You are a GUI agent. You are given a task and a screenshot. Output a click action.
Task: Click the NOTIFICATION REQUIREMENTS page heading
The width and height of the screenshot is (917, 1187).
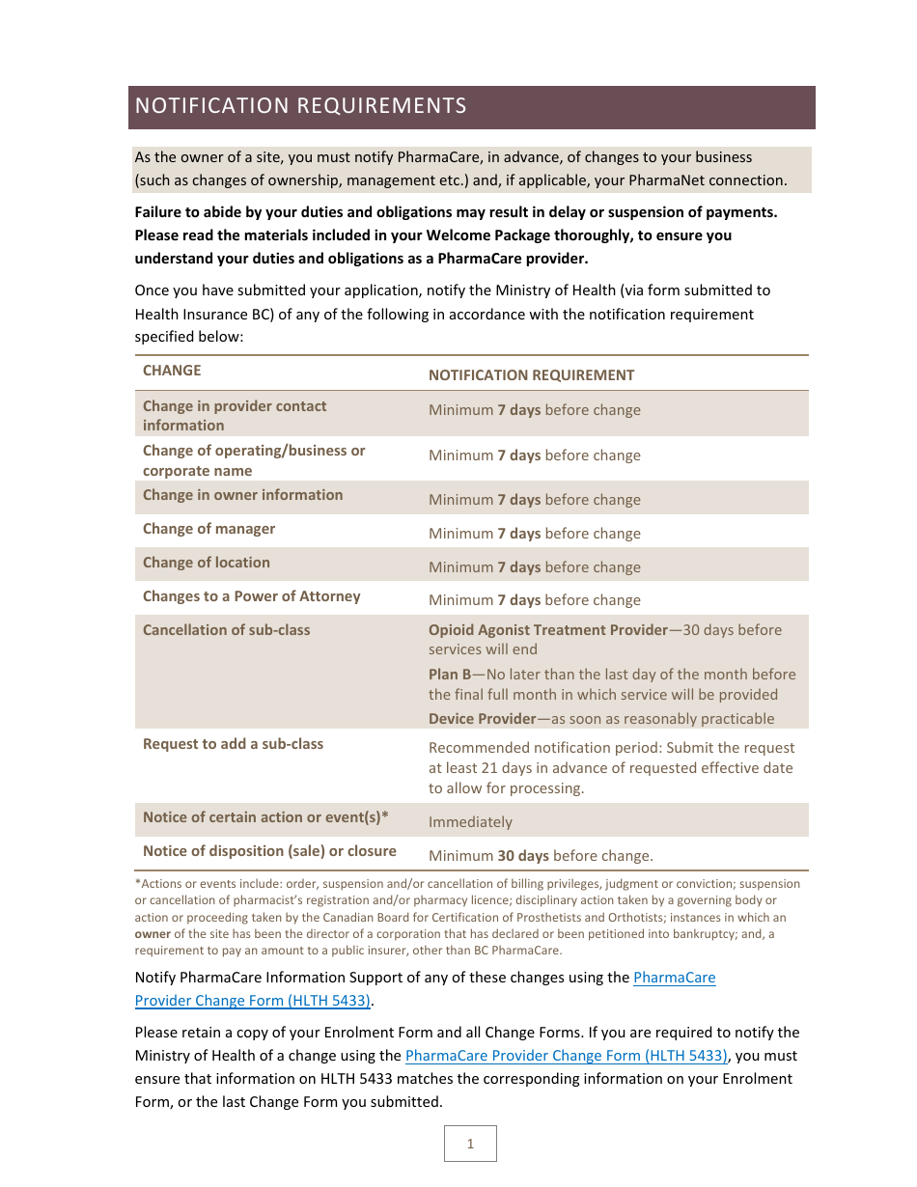300,106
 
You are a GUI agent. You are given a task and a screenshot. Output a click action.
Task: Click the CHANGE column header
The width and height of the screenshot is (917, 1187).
172,371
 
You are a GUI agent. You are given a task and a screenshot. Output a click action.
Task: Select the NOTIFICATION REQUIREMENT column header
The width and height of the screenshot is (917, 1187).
531,375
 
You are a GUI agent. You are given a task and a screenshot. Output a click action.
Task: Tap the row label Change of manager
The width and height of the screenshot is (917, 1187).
208,529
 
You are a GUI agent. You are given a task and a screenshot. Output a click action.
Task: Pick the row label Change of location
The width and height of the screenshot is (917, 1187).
206,563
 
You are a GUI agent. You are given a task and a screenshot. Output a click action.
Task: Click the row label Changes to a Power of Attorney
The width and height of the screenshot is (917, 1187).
251,596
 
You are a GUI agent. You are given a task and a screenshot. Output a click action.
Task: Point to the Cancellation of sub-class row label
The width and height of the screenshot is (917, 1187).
226,630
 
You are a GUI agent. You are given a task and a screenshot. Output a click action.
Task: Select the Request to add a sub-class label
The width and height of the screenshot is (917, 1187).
233,744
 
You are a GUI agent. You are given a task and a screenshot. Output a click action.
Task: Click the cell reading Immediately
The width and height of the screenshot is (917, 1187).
470,822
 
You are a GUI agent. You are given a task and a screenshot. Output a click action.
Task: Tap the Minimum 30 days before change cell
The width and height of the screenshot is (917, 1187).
541,855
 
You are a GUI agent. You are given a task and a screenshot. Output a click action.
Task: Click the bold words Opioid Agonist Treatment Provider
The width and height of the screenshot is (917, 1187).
547,630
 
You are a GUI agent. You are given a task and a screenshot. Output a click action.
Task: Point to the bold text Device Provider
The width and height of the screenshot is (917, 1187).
482,719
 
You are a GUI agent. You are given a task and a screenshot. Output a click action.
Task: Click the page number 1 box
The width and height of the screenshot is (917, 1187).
470,1144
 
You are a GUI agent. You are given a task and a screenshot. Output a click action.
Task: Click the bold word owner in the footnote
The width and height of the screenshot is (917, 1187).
153,934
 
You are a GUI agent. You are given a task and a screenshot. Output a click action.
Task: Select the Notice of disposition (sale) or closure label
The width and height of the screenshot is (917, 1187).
269,851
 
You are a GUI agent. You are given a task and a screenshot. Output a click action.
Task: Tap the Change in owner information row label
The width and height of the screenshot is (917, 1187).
242,495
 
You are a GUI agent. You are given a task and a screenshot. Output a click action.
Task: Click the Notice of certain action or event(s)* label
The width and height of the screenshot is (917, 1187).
265,817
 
